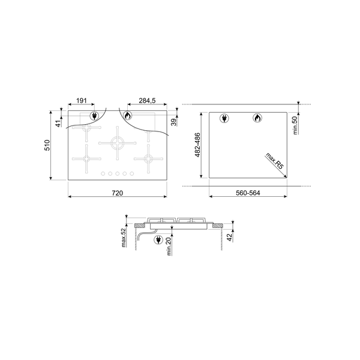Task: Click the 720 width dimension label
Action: point(118,193)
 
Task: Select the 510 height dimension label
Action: point(47,145)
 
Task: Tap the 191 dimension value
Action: point(82,101)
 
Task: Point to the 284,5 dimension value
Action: point(147,101)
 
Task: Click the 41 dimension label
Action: point(59,124)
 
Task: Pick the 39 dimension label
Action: point(174,122)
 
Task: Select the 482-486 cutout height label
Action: point(197,145)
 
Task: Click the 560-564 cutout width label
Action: point(248,193)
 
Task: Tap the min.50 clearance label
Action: point(295,125)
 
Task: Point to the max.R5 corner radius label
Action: point(275,161)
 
